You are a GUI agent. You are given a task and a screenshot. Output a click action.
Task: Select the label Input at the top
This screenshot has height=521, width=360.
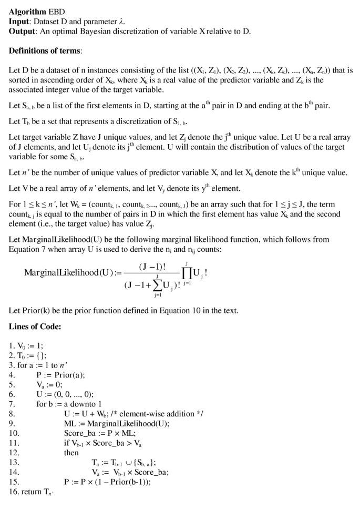click(x=20, y=22)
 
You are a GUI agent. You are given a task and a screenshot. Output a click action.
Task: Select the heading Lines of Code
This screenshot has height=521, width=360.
click(x=35, y=326)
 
